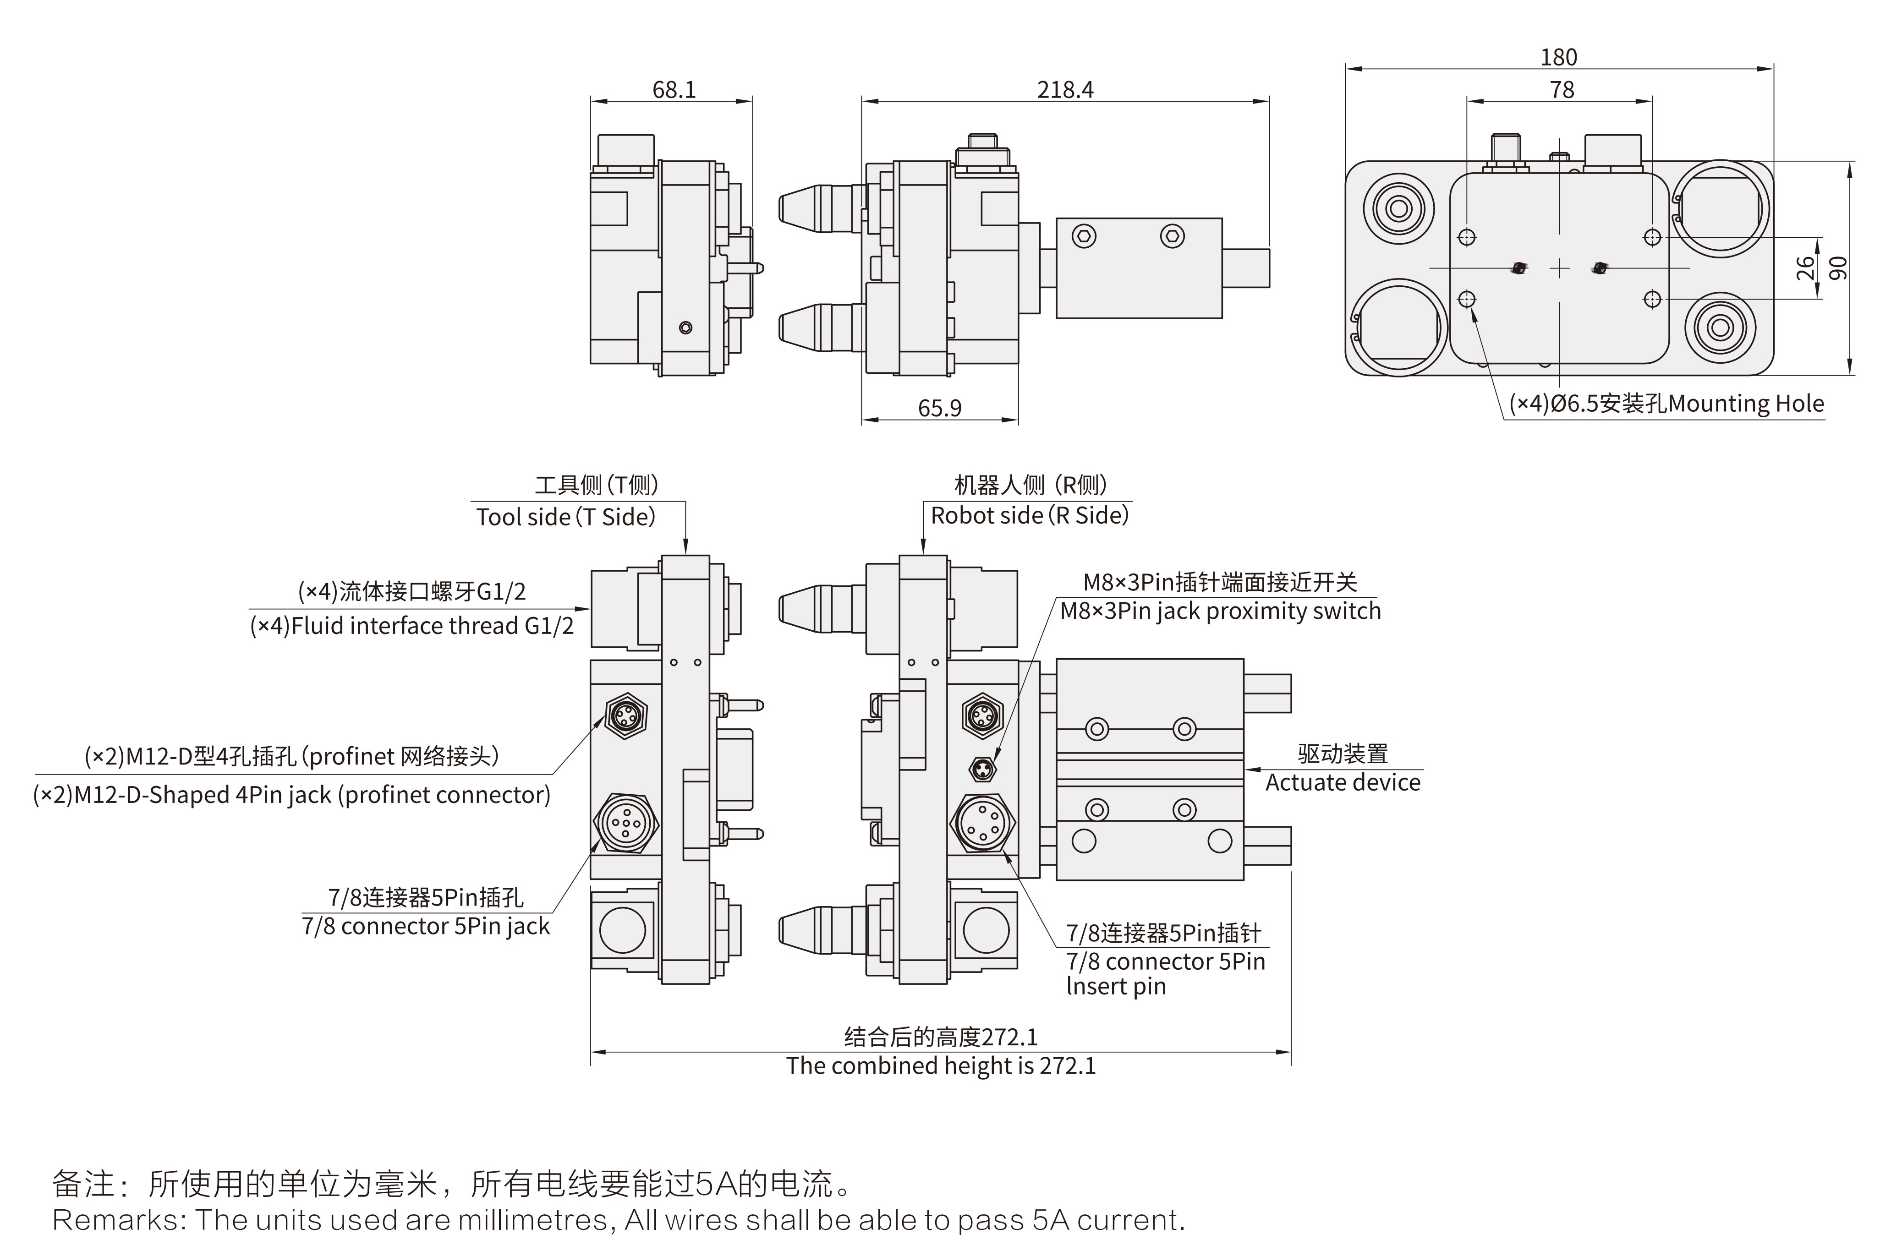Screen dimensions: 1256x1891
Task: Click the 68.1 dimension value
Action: (674, 90)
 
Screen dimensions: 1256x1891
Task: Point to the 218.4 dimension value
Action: (1065, 90)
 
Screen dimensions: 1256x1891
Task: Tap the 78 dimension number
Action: (1562, 90)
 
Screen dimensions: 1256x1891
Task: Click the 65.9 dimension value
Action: (939, 409)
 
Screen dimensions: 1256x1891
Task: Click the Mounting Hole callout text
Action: (1666, 404)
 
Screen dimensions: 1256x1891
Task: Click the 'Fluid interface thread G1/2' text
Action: (412, 626)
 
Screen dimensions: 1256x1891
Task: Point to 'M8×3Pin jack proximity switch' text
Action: (1220, 611)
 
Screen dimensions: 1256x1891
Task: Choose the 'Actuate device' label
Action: (1343, 783)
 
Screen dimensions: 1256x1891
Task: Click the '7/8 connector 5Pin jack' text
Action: (426, 927)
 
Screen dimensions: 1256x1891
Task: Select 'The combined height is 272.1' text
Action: (941, 1066)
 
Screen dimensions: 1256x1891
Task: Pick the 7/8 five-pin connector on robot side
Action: (982, 824)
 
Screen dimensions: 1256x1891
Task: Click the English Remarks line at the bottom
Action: (618, 1220)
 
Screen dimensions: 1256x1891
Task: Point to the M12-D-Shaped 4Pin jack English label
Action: (292, 795)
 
